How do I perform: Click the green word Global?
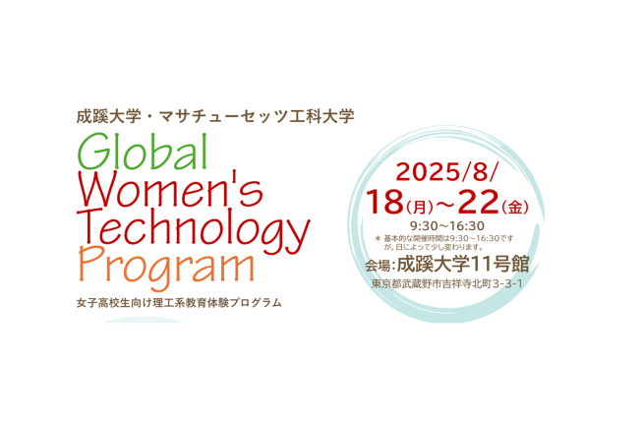click(x=143, y=152)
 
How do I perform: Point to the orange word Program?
click(x=166, y=267)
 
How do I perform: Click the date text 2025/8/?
click(x=447, y=171)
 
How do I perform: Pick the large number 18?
click(x=384, y=202)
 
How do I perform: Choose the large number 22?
click(x=478, y=202)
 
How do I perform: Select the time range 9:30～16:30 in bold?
click(x=447, y=225)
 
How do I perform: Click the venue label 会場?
click(x=380, y=266)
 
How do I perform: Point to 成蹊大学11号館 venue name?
click(x=463, y=264)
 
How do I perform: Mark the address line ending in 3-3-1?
click(x=447, y=283)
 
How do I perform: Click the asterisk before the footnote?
click(x=379, y=238)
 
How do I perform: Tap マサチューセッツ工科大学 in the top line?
click(x=257, y=116)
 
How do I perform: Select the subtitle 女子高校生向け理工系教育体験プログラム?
click(x=179, y=303)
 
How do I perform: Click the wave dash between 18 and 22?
click(x=445, y=204)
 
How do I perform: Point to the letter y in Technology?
click(x=299, y=235)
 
